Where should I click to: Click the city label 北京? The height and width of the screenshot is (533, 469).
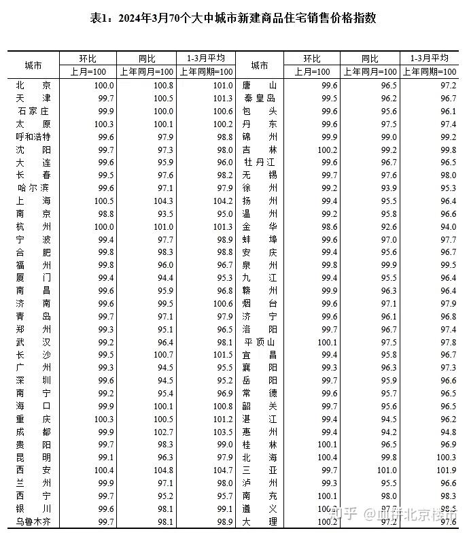coord(33,86)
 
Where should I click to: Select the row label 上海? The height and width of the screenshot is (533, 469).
coord(33,201)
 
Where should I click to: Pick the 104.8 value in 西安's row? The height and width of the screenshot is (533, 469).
coord(160,470)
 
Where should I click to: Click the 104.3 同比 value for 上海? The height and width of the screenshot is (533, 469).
coord(160,201)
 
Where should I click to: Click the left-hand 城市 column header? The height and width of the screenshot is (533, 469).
coord(33,65)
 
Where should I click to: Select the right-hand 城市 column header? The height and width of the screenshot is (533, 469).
coord(260,65)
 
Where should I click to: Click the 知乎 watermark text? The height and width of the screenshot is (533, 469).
coord(346,512)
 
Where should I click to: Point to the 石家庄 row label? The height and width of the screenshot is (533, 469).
coord(33,111)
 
